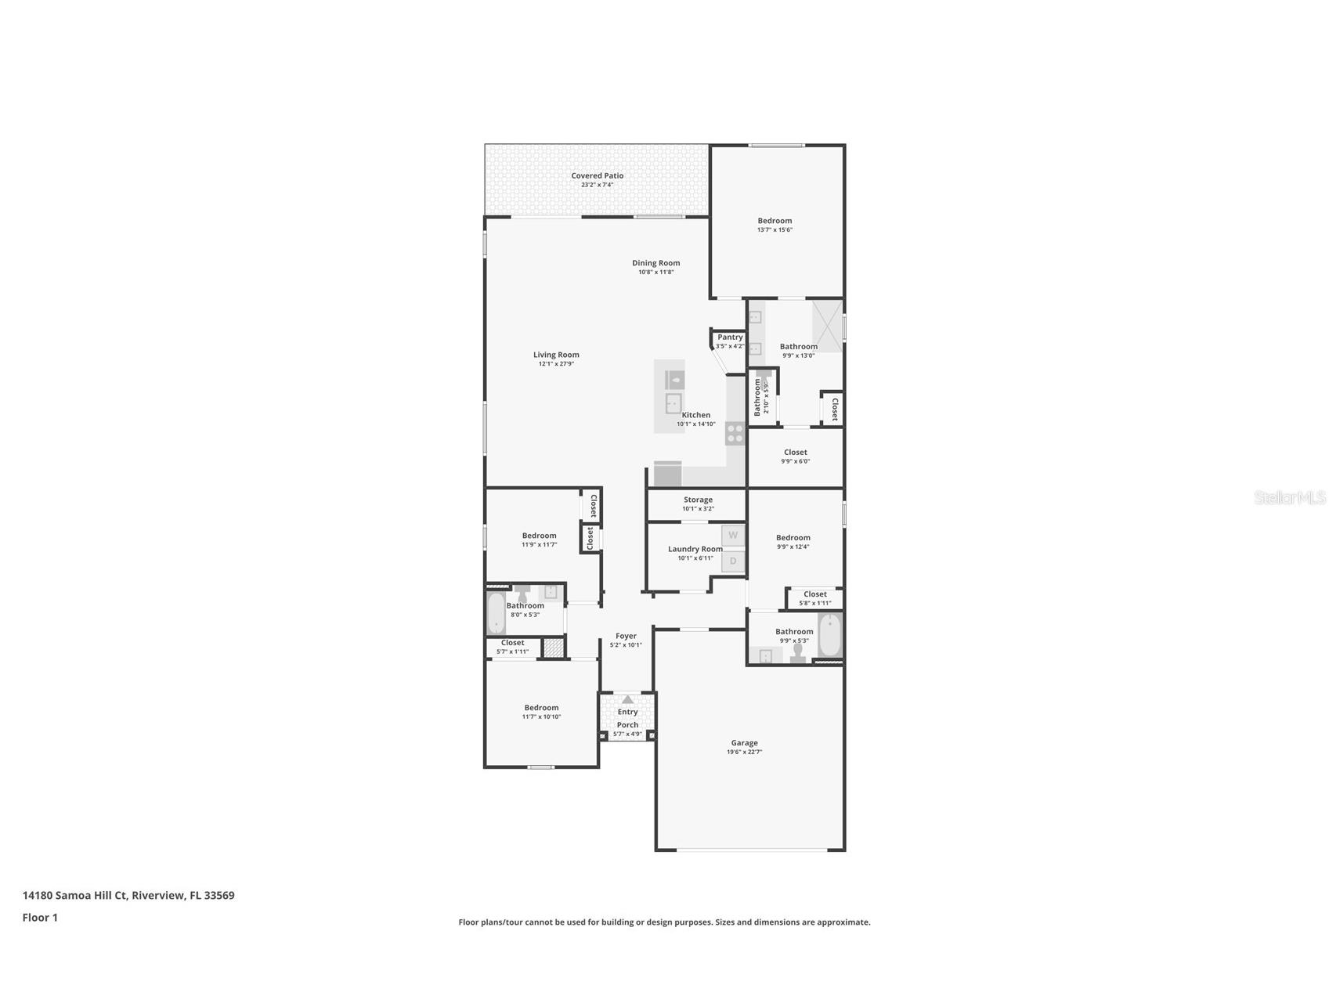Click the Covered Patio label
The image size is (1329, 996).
597,176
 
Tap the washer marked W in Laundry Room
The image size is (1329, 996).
733,536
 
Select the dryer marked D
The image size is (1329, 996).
733,561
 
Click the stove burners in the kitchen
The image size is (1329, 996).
735,434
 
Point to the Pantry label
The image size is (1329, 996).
730,337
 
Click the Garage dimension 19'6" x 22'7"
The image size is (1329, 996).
744,752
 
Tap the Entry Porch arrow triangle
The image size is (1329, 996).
627,699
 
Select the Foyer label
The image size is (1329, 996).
626,637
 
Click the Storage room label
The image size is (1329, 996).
698,500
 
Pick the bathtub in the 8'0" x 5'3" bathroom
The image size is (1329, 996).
496,613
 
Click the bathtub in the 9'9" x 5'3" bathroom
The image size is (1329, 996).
830,635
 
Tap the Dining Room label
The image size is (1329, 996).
656,263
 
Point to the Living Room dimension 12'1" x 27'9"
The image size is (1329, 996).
556,364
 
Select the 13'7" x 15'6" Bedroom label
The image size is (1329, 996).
775,221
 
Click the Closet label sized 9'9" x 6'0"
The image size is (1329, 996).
795,453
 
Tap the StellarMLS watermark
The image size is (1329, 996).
1289,498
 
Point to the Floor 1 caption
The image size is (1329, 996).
40,918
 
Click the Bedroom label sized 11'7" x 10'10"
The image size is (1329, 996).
541,708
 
